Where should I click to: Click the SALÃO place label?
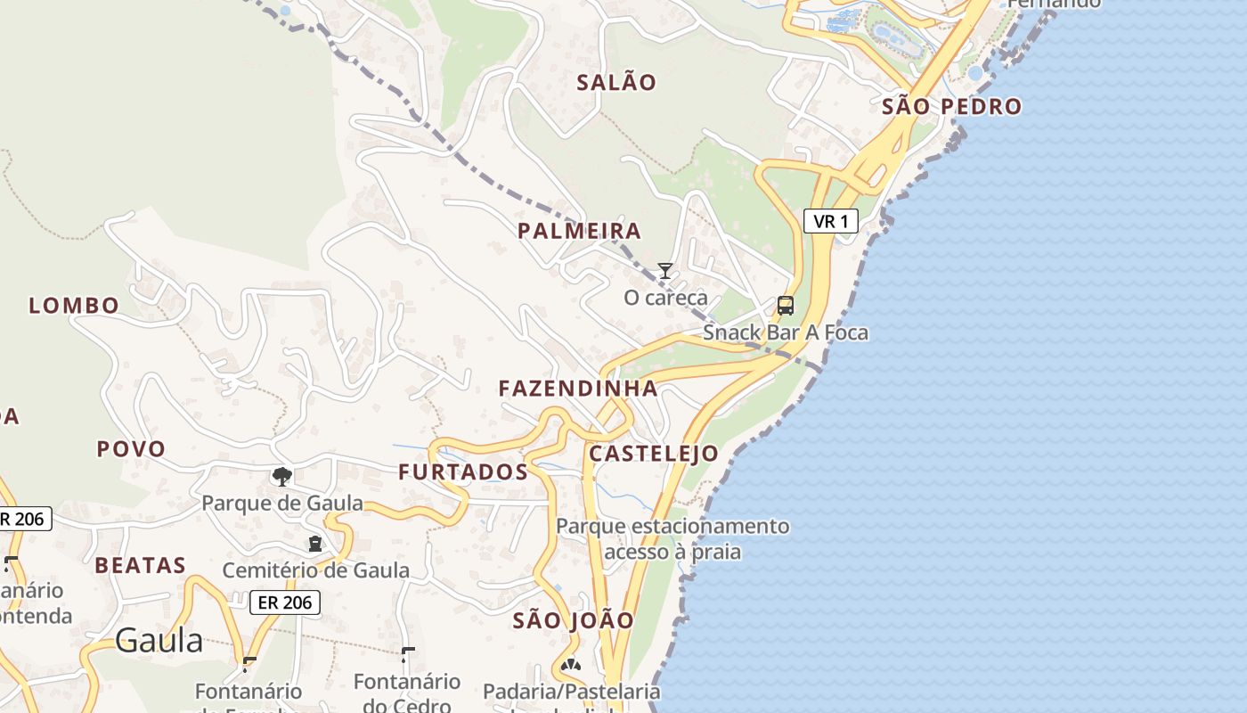(x=616, y=83)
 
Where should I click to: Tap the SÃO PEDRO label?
(x=951, y=107)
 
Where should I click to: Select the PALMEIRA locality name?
(x=579, y=232)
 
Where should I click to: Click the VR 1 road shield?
(x=830, y=221)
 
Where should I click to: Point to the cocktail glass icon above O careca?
(x=664, y=271)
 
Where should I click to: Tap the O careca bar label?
(x=665, y=298)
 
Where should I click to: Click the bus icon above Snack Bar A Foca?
(x=785, y=306)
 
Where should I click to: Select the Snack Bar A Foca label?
(x=785, y=332)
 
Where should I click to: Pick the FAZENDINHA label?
(x=578, y=389)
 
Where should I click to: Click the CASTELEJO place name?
(x=654, y=454)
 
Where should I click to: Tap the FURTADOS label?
(x=463, y=472)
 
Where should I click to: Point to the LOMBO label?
(x=74, y=306)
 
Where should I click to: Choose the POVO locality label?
(x=131, y=449)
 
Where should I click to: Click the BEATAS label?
(x=141, y=565)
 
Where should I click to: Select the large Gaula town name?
(x=159, y=640)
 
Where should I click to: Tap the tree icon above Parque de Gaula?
(x=282, y=477)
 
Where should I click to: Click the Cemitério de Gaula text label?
(x=315, y=570)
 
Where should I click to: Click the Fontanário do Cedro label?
(x=407, y=693)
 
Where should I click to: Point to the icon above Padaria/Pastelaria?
(x=571, y=665)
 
